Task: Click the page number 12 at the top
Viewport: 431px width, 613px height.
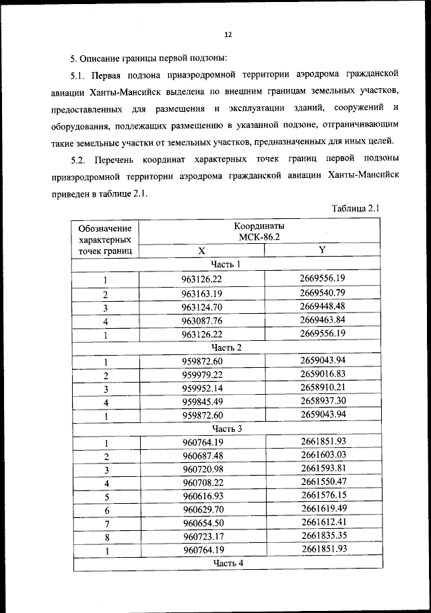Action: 228,34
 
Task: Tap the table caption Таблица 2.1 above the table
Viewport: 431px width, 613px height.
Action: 356,208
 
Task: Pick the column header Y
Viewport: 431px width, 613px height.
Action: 322,250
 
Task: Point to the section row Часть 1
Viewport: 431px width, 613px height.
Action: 226,264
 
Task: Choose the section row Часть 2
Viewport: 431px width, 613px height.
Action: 226,348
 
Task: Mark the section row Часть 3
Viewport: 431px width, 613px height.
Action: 227,428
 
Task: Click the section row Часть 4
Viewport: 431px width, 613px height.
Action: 228,562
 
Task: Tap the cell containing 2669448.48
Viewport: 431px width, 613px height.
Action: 323,306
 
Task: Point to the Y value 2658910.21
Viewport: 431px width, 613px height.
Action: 323,387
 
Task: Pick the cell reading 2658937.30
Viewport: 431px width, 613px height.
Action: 323,401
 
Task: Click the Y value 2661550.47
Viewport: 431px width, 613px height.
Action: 323,482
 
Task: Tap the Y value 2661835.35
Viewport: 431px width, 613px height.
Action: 323,536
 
